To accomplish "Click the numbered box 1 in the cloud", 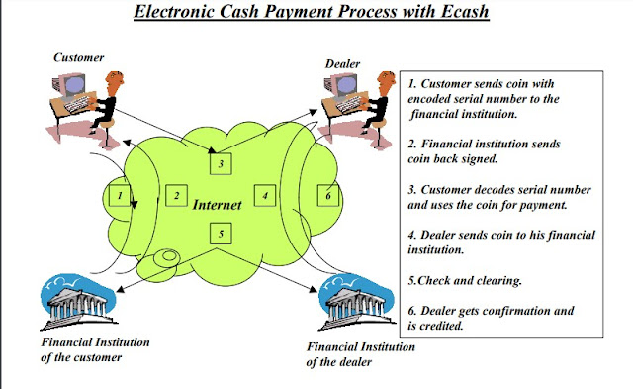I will tap(119, 196).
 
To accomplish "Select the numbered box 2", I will tap(176, 196).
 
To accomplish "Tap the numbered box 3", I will tap(222, 163).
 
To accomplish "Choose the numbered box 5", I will tap(222, 234).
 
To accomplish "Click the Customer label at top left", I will tap(78, 56).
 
